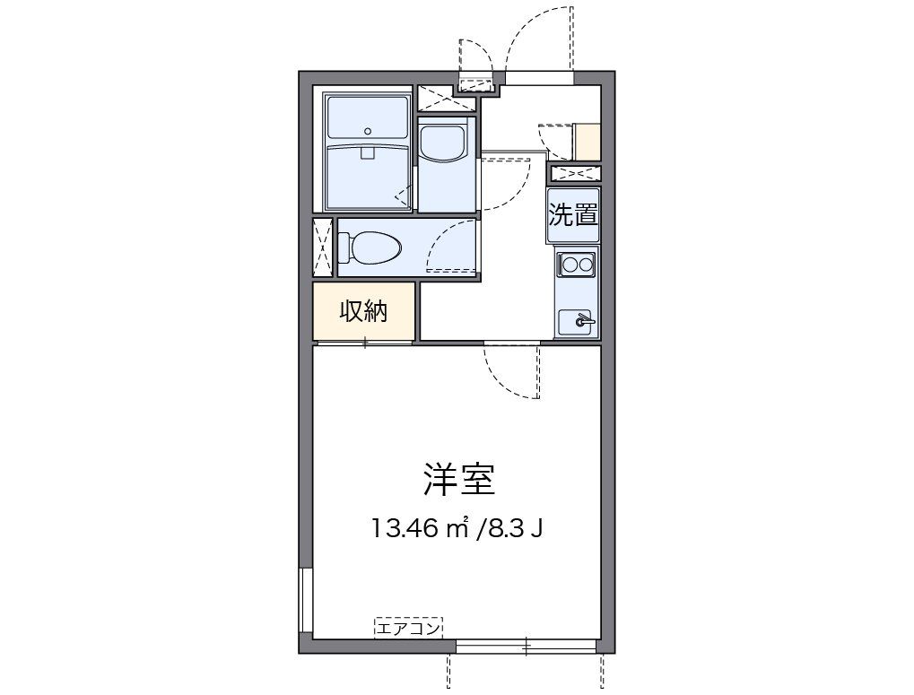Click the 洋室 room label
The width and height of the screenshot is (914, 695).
[459, 481]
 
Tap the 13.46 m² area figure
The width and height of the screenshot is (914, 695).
[421, 528]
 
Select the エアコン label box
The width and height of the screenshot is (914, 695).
[409, 629]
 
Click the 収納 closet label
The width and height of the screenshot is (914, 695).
[363, 311]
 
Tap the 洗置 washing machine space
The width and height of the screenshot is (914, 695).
[573, 215]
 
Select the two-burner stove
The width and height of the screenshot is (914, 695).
[575, 265]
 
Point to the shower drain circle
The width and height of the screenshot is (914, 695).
[368, 131]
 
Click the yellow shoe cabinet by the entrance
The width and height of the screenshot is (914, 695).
[588, 140]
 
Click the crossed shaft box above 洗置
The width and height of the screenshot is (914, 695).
[574, 173]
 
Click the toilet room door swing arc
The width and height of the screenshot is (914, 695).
[450, 246]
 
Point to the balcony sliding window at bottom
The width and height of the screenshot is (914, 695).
[527, 646]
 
